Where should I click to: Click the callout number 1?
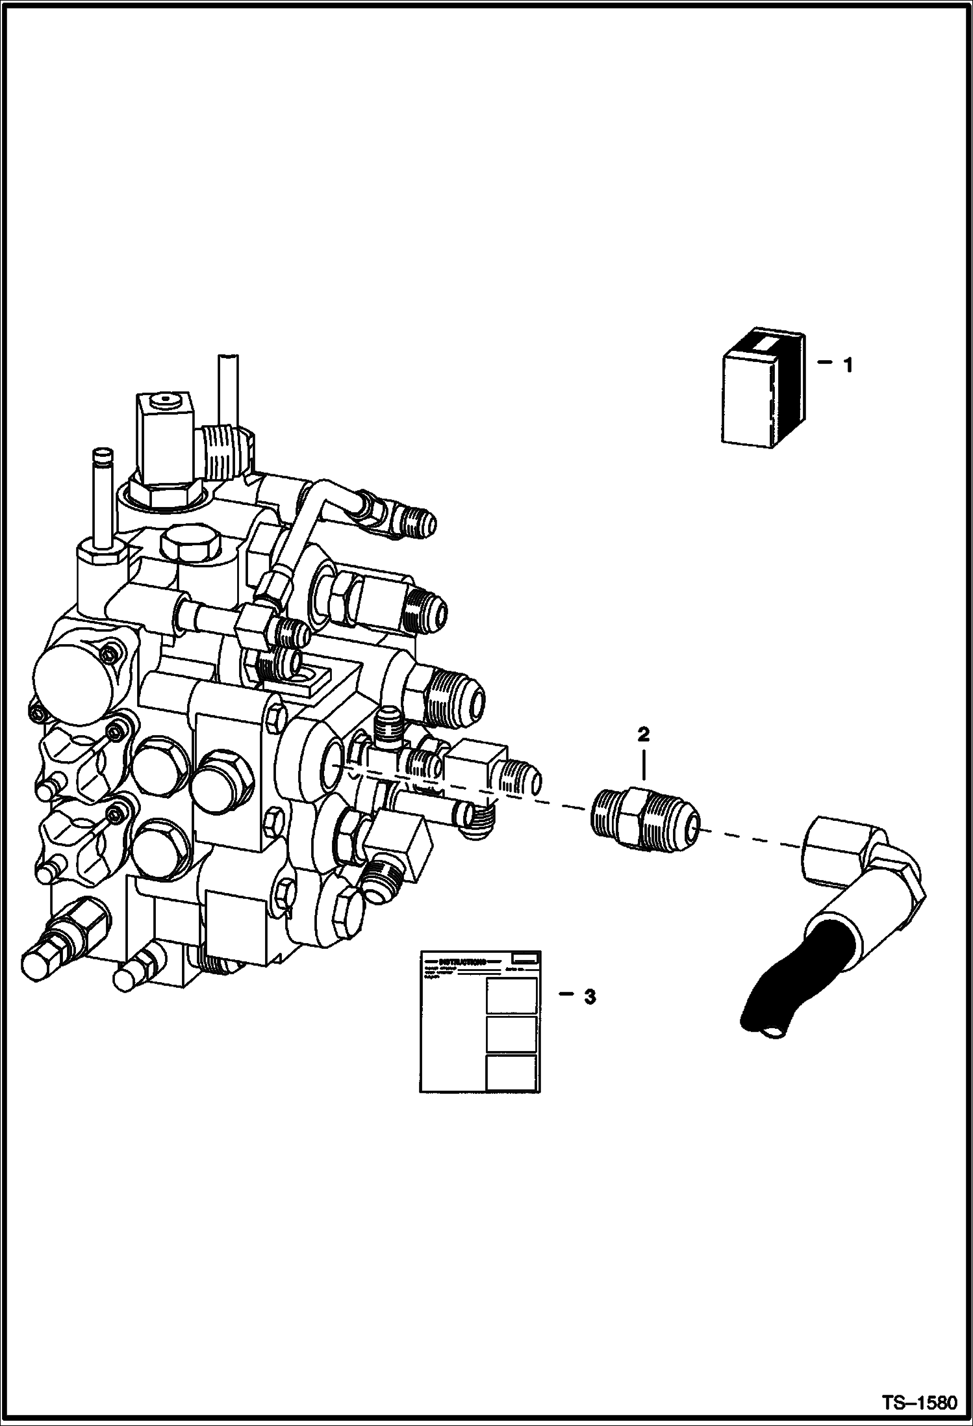847,366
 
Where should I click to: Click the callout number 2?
643,734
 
